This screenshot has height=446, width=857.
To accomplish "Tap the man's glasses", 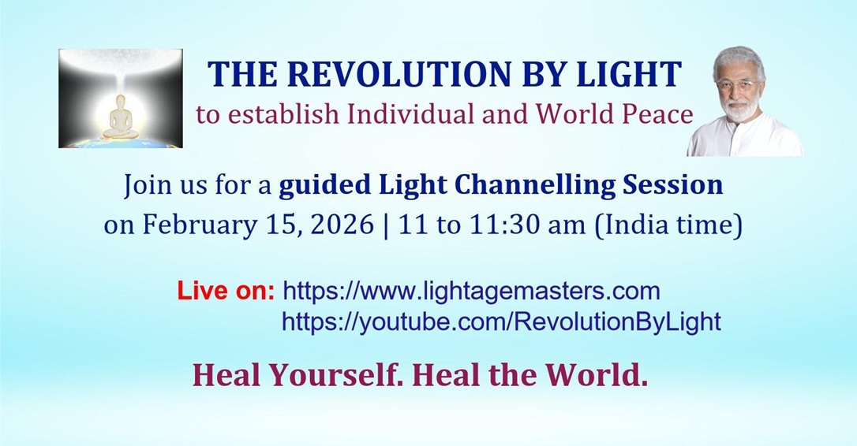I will pyautogui.click(x=739, y=84).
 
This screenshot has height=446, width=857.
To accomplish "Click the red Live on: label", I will pyautogui.click(x=226, y=292).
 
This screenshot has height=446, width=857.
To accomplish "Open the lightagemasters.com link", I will pyautogui.click(x=470, y=292).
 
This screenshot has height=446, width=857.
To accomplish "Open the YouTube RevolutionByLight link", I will pyautogui.click(x=501, y=321).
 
